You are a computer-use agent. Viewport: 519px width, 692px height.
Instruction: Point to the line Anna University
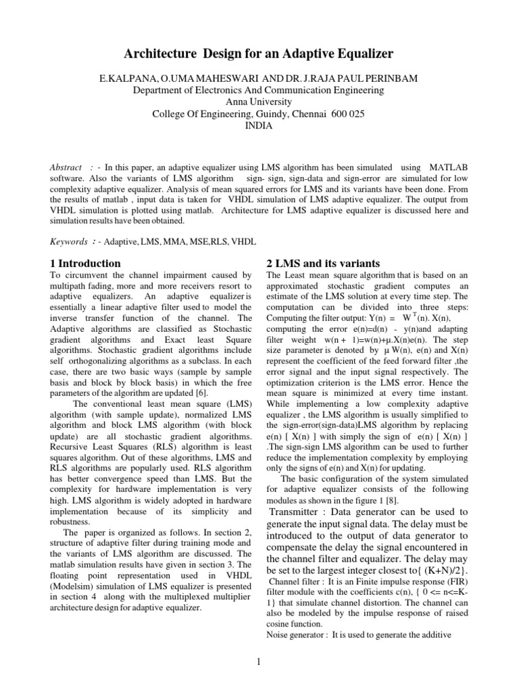click(x=259, y=102)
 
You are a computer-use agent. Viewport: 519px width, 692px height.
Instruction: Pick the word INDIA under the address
click(x=259, y=126)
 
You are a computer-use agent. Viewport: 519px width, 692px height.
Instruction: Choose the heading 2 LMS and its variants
click(x=324, y=263)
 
